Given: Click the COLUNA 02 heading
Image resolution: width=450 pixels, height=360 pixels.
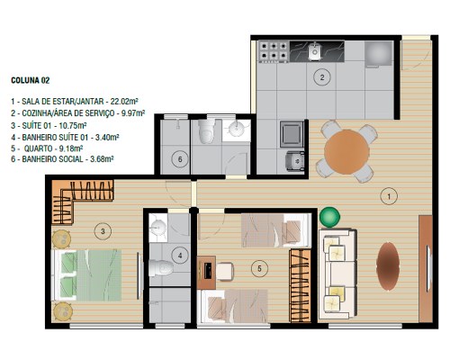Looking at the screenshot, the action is click(x=30, y=80).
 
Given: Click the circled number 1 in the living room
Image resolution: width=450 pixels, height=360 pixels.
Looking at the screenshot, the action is click(x=389, y=196).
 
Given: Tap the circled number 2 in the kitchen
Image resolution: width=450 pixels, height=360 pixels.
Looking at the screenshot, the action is click(x=322, y=77).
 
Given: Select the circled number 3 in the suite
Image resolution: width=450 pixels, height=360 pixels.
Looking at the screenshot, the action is click(x=103, y=231).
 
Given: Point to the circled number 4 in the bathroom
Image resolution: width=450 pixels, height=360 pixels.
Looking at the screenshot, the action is click(x=180, y=256).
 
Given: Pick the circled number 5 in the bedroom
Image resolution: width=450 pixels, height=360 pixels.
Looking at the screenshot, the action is click(x=260, y=268).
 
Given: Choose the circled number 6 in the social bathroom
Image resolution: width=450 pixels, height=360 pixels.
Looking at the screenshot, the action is click(x=180, y=159).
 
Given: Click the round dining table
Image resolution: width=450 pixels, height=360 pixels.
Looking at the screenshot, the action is click(x=346, y=152).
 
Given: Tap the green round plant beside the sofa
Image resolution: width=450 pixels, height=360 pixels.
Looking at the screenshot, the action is click(x=329, y=217).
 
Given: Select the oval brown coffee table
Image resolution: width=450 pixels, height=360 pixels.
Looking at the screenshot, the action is click(x=388, y=266).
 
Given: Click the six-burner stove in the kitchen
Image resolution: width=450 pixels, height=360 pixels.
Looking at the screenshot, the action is click(x=274, y=51).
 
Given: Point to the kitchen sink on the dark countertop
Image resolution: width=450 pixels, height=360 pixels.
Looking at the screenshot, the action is click(x=315, y=51).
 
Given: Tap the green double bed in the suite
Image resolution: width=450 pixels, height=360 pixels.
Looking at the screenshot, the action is click(x=87, y=275).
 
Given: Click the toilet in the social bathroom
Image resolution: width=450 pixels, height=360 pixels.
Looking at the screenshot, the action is click(x=207, y=131).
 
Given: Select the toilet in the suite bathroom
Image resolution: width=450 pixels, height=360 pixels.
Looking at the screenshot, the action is click(x=161, y=268).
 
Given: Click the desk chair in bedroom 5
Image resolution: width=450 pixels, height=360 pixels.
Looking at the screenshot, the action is click(x=225, y=272).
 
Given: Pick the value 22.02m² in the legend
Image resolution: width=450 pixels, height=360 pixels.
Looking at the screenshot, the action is click(x=124, y=102).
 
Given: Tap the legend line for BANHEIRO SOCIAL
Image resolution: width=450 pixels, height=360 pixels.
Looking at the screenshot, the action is click(x=62, y=159).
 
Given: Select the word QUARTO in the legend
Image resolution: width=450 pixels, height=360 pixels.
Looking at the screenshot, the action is click(x=38, y=148).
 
